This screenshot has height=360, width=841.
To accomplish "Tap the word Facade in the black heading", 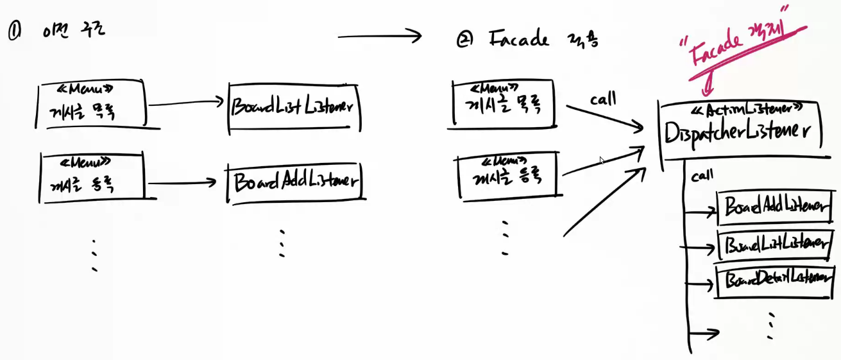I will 518,39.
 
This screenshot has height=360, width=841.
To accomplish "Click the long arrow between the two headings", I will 379,37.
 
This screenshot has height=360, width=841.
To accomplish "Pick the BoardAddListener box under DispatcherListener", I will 774,207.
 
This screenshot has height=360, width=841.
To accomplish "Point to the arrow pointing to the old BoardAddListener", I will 186,182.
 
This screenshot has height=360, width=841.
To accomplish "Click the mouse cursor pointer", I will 602,160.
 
